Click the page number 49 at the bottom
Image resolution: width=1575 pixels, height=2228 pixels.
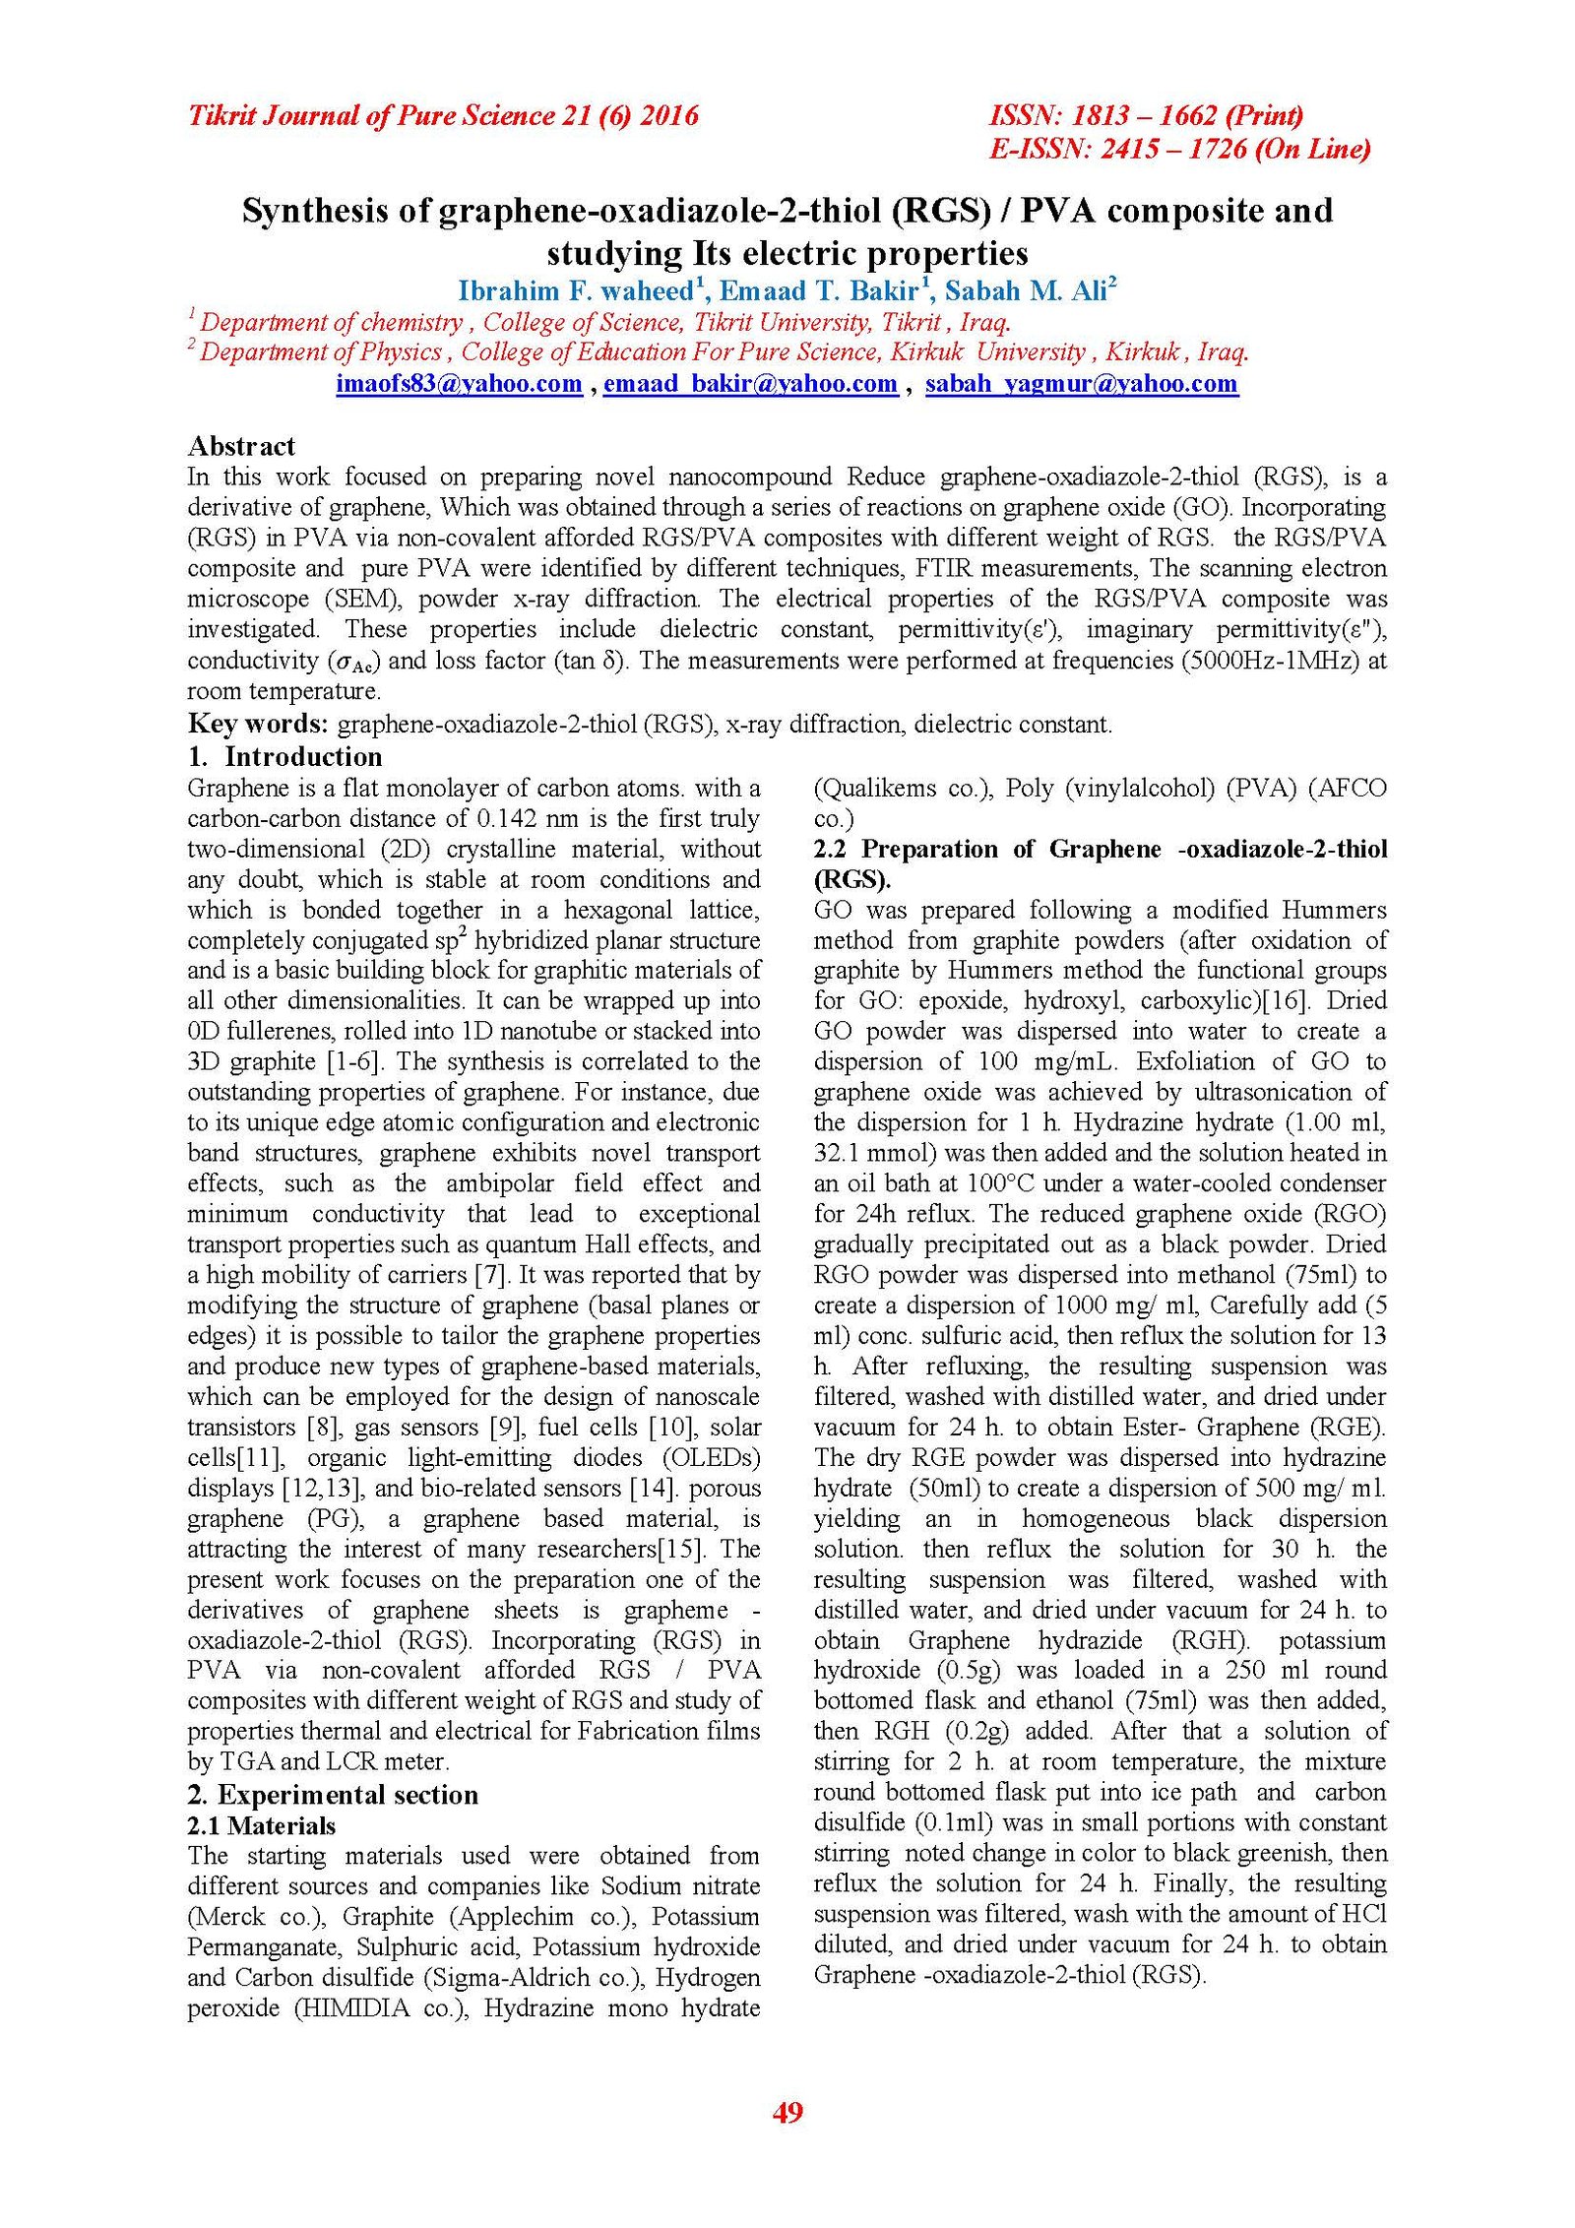pyautogui.click(x=787, y=2111)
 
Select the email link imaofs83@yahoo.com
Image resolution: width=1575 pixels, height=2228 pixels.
pyautogui.click(x=459, y=384)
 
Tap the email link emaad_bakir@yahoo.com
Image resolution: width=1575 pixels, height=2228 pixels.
pyautogui.click(x=750, y=384)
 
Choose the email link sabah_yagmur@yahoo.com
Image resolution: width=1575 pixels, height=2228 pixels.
pyautogui.click(x=1081, y=384)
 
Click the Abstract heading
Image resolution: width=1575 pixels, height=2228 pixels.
pyautogui.click(x=241, y=446)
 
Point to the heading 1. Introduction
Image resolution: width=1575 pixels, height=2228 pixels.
pyautogui.click(x=284, y=756)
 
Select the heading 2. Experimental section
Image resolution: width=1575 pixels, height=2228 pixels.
pyautogui.click(x=333, y=1794)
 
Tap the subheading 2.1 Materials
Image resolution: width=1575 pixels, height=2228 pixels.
pyautogui.click(x=261, y=1825)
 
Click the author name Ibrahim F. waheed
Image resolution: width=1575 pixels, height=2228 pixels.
pyautogui.click(x=576, y=291)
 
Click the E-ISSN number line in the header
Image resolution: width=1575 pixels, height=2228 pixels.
pyautogui.click(x=1179, y=149)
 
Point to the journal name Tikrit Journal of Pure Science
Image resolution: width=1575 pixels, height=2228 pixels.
pyautogui.click(x=371, y=116)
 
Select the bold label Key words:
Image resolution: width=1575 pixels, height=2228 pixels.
pyautogui.click(x=258, y=724)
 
